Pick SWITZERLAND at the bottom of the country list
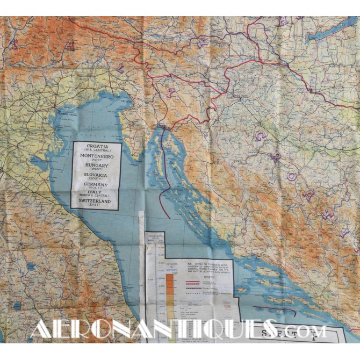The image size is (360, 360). point(97,200)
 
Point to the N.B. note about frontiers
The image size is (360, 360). point(210,266)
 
